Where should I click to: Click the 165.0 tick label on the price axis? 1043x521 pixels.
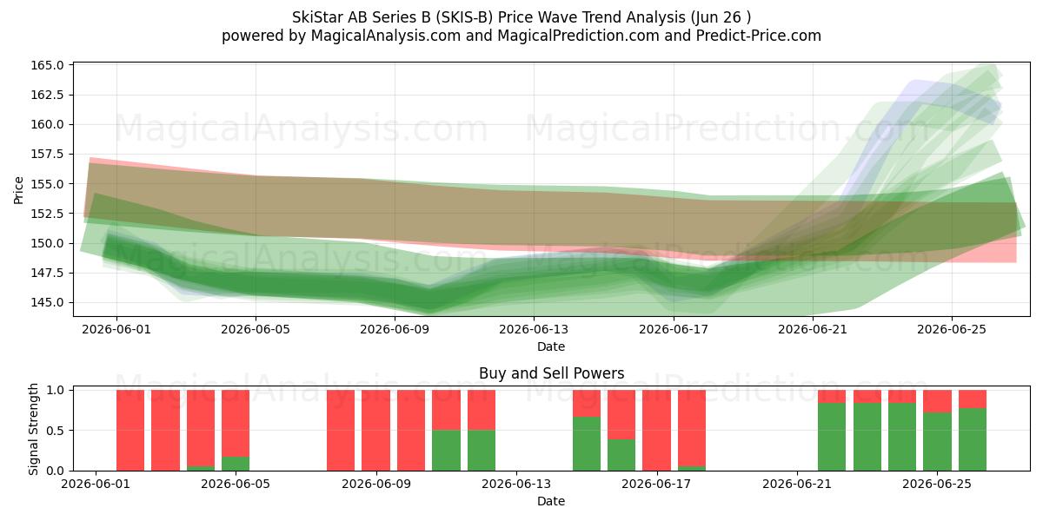pyautogui.click(x=47, y=65)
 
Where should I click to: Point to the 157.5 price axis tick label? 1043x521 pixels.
pyautogui.click(x=47, y=154)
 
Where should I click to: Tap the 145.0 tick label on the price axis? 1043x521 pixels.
pyautogui.click(x=47, y=302)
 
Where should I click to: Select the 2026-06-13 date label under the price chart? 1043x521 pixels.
pyautogui.click(x=534, y=330)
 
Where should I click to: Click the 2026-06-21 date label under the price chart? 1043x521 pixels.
pyautogui.click(x=813, y=330)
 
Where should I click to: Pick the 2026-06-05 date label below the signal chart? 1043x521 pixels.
pyautogui.click(x=236, y=485)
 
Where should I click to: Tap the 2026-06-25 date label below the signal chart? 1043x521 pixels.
pyautogui.click(x=937, y=485)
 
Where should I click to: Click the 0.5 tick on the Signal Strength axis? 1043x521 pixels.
pyautogui.click(x=55, y=431)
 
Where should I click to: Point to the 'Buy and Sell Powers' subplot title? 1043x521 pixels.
pyautogui.click(x=551, y=373)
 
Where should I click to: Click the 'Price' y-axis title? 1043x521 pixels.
pyautogui.click(x=18, y=190)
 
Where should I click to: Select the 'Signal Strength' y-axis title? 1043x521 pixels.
pyautogui.click(x=33, y=429)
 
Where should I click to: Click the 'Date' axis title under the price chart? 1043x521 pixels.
pyautogui.click(x=551, y=346)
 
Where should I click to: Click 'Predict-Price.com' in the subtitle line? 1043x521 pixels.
pyautogui.click(x=759, y=36)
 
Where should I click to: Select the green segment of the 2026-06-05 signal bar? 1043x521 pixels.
pyautogui.click(x=236, y=464)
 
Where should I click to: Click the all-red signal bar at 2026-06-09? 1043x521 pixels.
pyautogui.click(x=375, y=431)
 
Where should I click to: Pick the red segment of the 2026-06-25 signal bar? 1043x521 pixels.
pyautogui.click(x=937, y=401)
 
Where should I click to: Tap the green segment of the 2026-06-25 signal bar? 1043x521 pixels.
pyautogui.click(x=937, y=441)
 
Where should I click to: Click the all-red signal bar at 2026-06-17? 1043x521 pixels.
pyautogui.click(x=656, y=431)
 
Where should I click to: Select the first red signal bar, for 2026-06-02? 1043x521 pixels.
pyautogui.click(x=130, y=431)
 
